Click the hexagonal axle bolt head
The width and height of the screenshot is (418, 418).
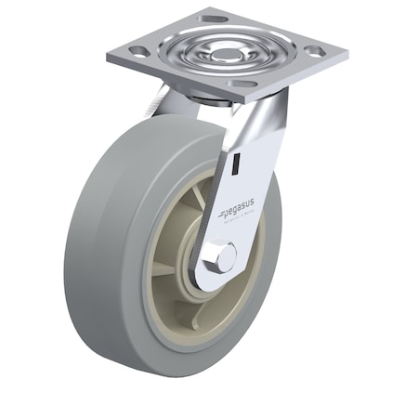click(223, 257)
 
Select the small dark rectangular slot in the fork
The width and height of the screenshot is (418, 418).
click(237, 165)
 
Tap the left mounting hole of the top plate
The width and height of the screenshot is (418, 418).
click(138, 52)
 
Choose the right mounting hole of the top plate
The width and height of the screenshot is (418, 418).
click(315, 51)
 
